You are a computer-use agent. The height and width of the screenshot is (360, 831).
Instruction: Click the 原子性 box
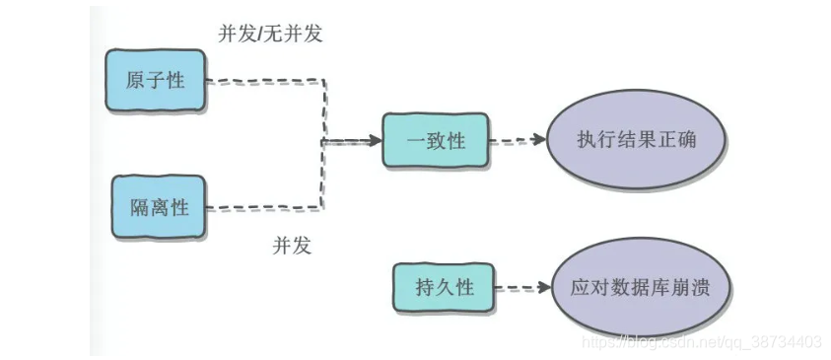tap(155, 80)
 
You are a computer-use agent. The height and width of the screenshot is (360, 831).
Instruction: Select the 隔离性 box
tap(159, 207)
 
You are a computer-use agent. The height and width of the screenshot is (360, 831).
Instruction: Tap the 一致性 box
tap(435, 141)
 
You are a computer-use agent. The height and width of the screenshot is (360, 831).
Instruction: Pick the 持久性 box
tap(444, 288)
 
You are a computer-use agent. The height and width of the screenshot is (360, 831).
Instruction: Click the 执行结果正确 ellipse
tap(636, 140)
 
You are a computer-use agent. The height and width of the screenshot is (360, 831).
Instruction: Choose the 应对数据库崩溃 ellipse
tap(640, 288)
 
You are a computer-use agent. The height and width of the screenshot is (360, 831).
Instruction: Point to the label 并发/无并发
tap(270, 34)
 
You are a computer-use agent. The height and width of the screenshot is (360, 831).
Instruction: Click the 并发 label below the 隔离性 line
tap(292, 247)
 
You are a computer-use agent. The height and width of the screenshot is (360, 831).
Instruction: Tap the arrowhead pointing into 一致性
tap(375, 141)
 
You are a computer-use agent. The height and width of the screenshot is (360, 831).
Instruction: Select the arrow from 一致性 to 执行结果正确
tap(518, 140)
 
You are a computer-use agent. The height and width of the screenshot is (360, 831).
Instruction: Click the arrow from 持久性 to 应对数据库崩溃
tap(522, 288)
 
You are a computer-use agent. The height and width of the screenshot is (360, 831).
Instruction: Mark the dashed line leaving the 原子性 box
tap(266, 82)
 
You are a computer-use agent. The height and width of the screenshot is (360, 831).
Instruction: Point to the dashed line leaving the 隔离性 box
tap(266, 207)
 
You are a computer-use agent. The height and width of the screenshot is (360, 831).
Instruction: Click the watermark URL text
tap(701, 342)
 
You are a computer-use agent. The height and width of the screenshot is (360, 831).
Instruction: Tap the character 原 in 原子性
tap(136, 80)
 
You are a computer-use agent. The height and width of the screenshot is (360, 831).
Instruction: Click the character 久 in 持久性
tap(444, 288)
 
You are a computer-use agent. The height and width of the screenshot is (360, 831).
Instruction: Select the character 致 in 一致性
tap(435, 141)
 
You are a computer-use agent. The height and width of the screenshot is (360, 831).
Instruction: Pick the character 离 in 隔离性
tap(159, 207)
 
